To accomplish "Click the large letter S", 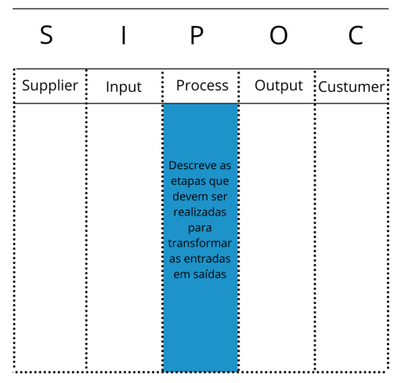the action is (x=46, y=35).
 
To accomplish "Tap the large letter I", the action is (x=124, y=35).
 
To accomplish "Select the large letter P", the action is (x=197, y=35).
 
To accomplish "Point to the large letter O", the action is (x=279, y=35).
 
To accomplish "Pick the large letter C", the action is (x=356, y=35).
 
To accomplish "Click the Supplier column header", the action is (x=50, y=86).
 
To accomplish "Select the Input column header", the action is (x=124, y=87).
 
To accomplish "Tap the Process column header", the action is (x=202, y=85).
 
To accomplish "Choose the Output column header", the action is (x=279, y=86).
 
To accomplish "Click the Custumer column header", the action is (x=352, y=87).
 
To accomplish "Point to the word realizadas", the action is (x=200, y=212).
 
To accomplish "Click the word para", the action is (x=200, y=229).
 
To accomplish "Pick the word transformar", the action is (x=200, y=243).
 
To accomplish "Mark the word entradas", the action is (x=208, y=258).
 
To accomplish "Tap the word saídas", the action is (x=210, y=274).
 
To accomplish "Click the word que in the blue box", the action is (x=218, y=182).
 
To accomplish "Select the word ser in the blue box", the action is (x=219, y=197).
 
